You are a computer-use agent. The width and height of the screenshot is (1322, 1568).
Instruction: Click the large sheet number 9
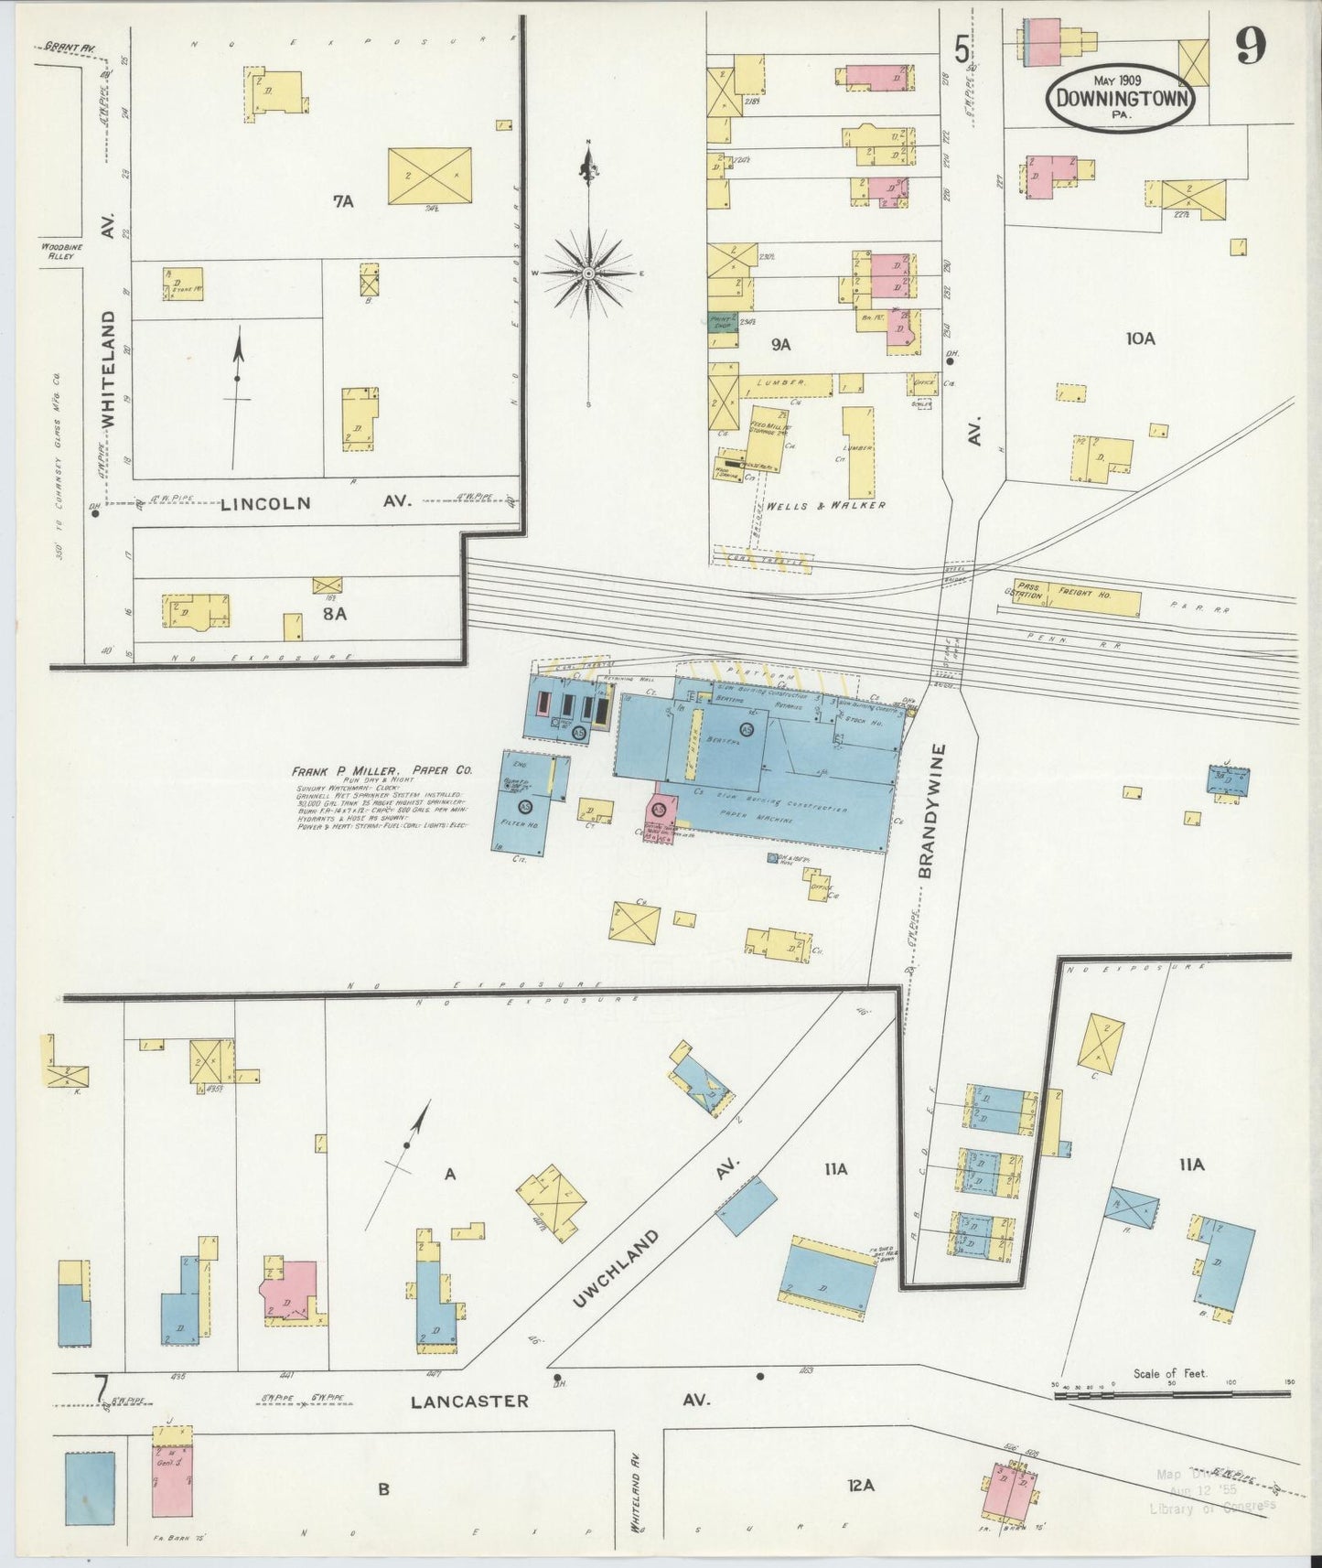(x=1252, y=45)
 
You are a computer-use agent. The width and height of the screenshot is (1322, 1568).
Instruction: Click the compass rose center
(x=589, y=274)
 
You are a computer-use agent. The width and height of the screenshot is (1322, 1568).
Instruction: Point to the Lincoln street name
(x=265, y=503)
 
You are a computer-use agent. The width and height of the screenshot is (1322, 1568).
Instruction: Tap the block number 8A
(x=334, y=615)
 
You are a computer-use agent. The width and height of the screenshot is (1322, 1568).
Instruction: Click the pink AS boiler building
(x=661, y=811)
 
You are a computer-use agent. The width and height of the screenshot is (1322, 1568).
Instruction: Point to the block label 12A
(x=861, y=1486)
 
